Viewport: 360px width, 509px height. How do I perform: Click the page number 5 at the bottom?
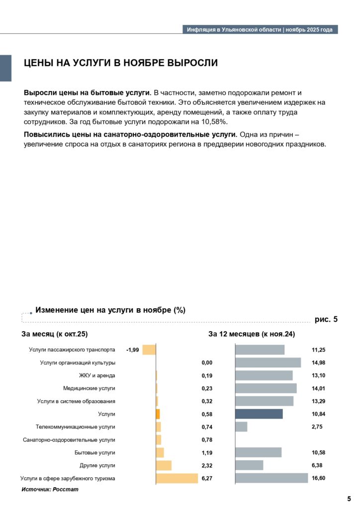349,498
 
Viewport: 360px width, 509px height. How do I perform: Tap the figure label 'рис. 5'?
326,320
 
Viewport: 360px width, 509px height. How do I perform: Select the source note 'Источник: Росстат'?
50,490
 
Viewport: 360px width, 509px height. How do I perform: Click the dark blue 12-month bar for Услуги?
259,414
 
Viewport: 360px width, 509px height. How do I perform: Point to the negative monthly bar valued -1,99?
149,350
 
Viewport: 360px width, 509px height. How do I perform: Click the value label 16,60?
318,478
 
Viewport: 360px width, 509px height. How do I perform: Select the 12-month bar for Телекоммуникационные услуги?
241,426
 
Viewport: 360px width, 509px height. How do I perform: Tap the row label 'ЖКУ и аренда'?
97,375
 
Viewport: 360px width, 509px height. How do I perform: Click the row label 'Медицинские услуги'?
89,388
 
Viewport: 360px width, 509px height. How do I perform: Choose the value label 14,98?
318,362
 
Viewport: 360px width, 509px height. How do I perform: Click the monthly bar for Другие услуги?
164,465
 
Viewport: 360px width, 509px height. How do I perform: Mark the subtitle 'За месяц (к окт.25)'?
58,334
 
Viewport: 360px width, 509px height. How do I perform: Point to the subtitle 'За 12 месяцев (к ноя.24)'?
252,334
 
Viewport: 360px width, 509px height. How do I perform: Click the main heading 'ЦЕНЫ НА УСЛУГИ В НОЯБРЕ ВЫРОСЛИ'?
121,63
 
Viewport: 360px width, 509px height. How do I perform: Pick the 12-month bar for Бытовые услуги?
258,452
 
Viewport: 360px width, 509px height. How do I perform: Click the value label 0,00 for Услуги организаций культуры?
207,362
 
